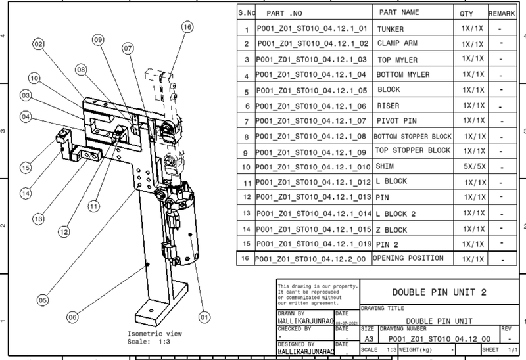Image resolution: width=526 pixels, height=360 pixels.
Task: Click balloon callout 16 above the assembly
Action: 187,27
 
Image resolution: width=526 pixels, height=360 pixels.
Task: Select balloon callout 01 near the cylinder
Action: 204,317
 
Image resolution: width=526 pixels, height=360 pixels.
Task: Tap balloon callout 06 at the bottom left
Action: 73,317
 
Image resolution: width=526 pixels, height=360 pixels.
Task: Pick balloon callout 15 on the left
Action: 26,168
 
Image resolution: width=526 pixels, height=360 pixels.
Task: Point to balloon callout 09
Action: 98,40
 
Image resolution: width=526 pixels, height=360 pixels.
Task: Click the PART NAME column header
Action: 399,12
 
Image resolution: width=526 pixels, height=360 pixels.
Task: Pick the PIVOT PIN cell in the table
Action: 399,122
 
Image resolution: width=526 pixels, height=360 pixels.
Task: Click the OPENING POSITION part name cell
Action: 408,258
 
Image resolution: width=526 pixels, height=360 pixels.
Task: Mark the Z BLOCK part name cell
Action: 392,229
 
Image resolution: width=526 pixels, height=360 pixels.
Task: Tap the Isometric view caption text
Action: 150,334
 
